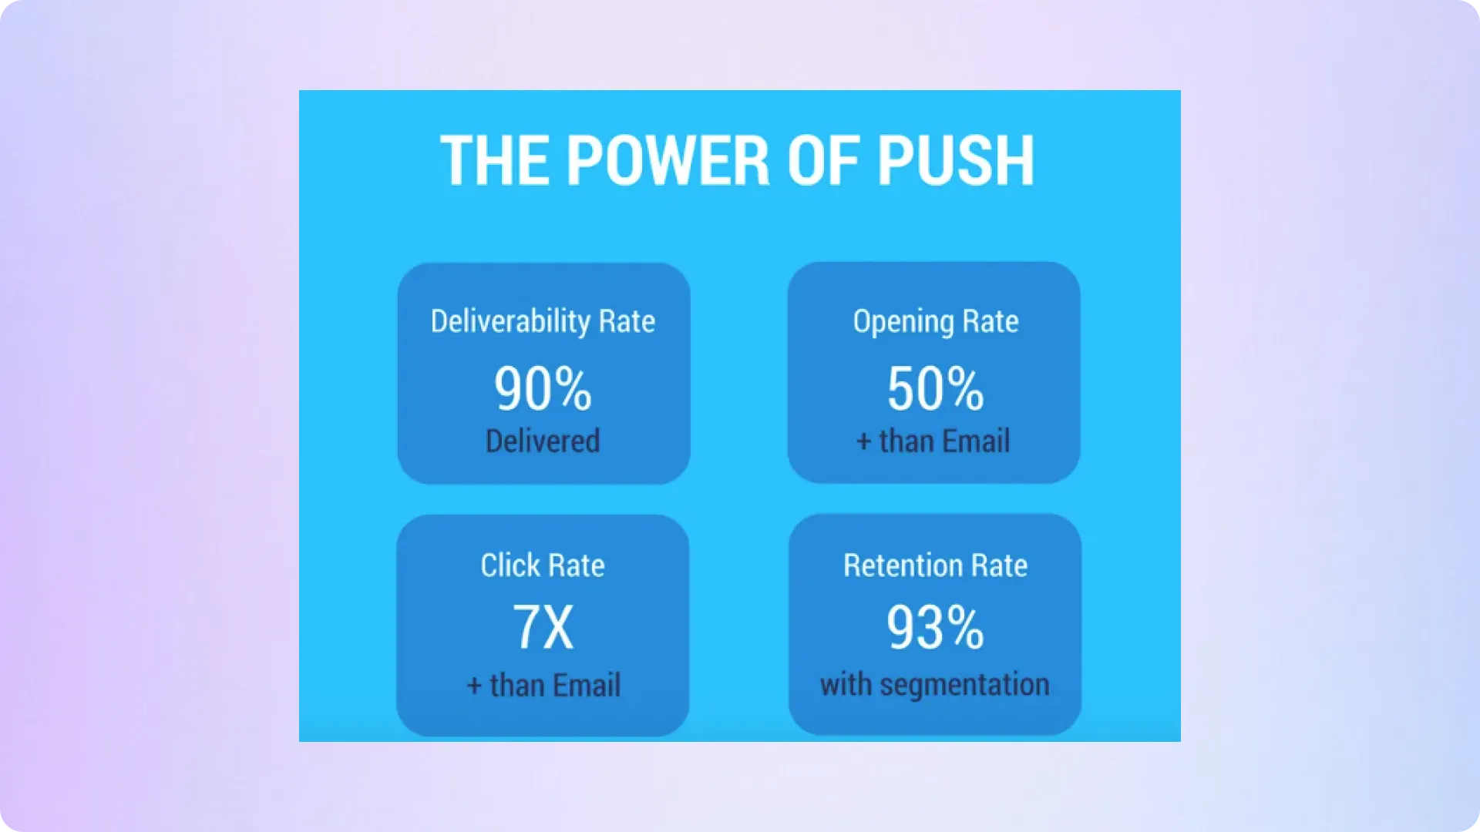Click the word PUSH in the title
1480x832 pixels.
[x=956, y=160]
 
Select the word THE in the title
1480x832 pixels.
[x=495, y=160]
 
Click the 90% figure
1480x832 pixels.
[x=543, y=389]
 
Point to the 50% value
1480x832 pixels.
[x=935, y=389]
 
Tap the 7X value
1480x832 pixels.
[x=543, y=627]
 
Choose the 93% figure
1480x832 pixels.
[x=935, y=627]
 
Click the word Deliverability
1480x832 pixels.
[x=510, y=321]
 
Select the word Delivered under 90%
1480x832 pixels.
[x=543, y=441]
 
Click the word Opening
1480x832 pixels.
[x=903, y=322]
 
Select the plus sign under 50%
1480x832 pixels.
[x=864, y=442]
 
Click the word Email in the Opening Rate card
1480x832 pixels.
[x=976, y=441]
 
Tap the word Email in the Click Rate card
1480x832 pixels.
[x=587, y=685]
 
